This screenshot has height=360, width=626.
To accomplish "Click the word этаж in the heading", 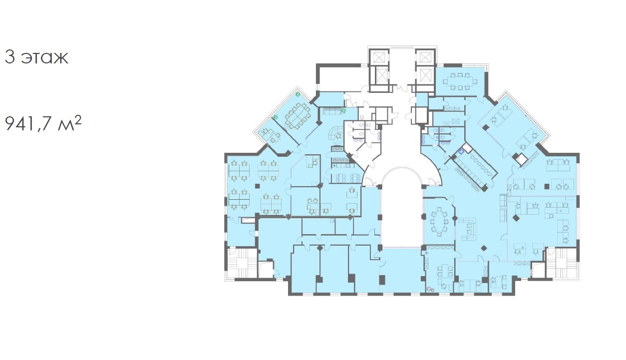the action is coord(45,57).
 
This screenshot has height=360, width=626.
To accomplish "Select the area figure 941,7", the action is coord(29,123).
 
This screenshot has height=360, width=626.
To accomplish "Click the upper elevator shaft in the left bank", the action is coord(378,57).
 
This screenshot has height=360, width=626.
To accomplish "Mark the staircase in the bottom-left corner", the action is coord(242,263).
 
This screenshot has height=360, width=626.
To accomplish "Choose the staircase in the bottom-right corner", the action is coord(562,263).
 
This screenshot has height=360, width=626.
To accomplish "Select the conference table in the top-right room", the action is coord(460,81).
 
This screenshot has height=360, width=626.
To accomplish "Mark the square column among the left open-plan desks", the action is coord(62,186).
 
